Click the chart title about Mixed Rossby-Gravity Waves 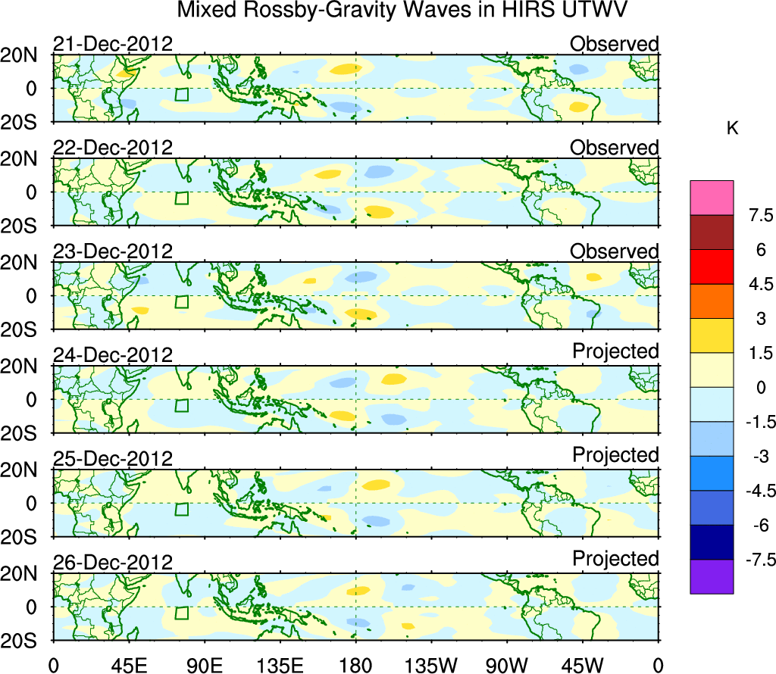pos(403,11)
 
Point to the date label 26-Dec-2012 pos(113,563)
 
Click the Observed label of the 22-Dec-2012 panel pos(615,148)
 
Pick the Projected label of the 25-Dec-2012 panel pos(615,455)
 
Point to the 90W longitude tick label pos(506,665)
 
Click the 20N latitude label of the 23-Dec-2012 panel pos(25,262)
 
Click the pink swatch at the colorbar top pos(712,198)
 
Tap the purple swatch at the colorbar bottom pos(712,576)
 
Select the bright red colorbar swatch pos(712,267)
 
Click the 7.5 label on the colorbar pos(755,216)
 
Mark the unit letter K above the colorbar pos(732,128)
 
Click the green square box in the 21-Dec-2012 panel pos(181,94)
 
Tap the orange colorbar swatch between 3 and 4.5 pos(712,301)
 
